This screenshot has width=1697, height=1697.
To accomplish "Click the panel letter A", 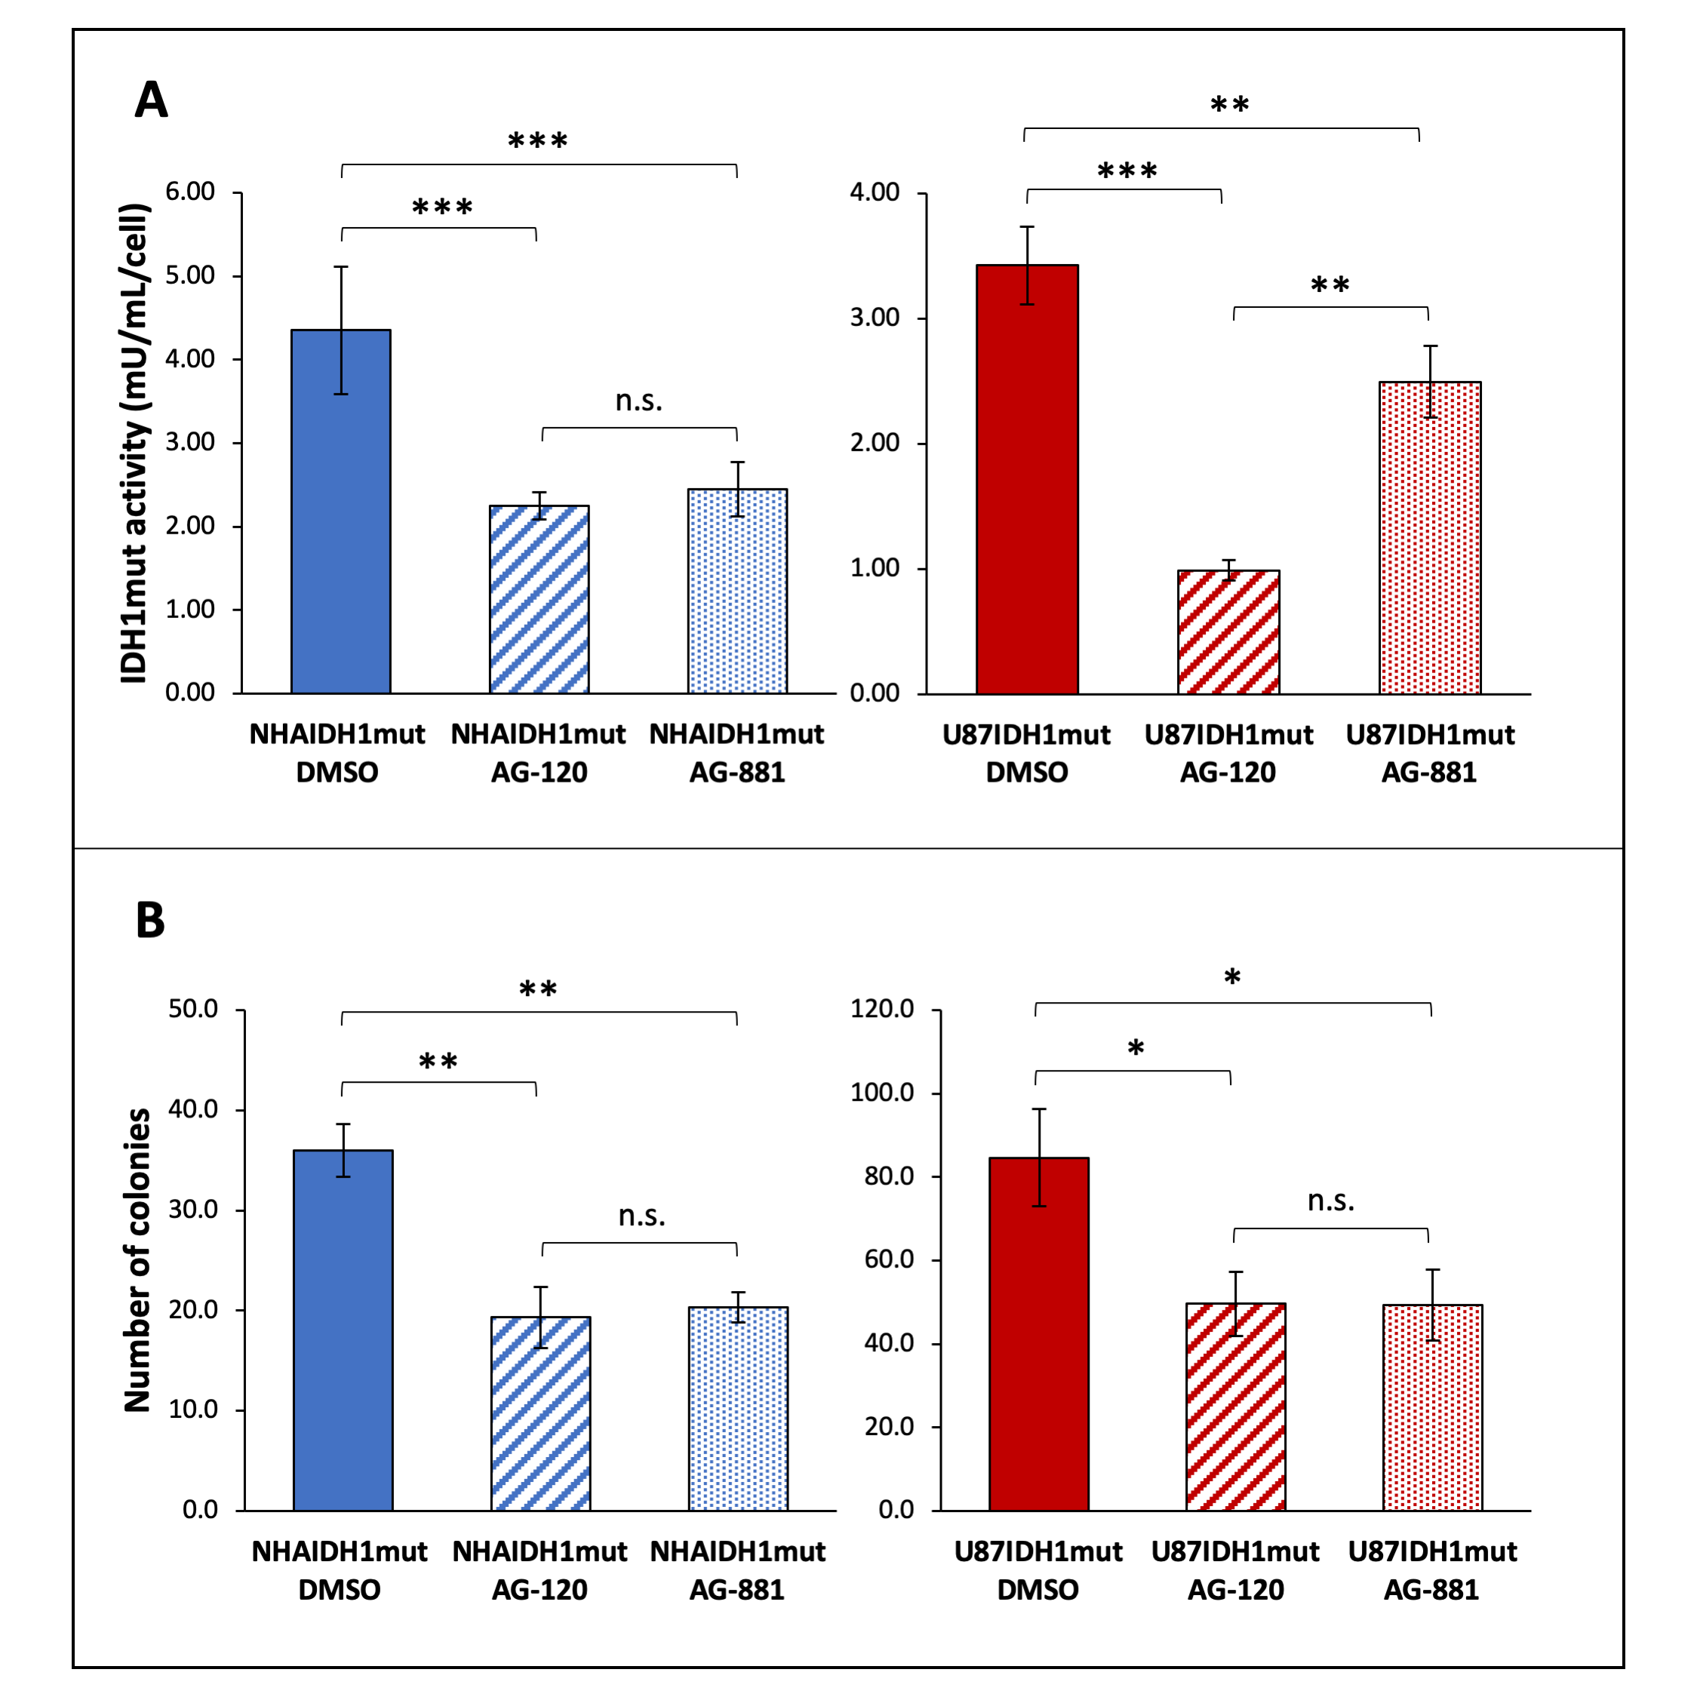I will tap(151, 100).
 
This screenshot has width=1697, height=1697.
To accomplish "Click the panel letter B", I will tap(150, 920).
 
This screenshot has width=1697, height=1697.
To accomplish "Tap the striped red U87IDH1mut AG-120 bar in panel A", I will tap(1228, 632).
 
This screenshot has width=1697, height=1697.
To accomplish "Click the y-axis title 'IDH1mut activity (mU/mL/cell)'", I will tap(134, 444).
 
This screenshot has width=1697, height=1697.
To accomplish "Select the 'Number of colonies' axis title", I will tap(138, 1259).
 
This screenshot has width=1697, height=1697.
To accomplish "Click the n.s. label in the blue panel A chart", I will tap(638, 401).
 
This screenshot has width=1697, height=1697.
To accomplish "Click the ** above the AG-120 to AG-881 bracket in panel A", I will tap(1330, 285).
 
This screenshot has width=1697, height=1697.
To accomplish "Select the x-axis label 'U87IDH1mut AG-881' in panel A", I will tap(1429, 753).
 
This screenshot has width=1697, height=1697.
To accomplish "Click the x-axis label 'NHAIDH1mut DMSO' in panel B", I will tap(339, 1569).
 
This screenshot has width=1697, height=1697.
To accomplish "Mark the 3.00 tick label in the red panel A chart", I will tap(875, 317).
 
